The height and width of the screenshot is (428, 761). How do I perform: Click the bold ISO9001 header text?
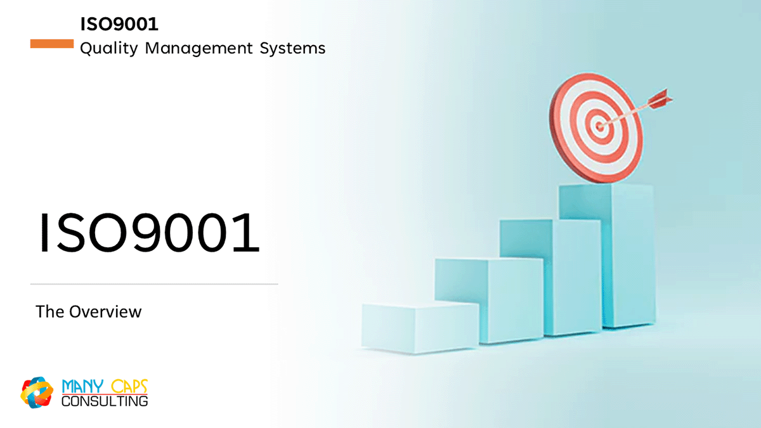point(119,24)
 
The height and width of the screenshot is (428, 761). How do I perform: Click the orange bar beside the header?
point(52,44)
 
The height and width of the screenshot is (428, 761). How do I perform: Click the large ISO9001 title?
point(149,233)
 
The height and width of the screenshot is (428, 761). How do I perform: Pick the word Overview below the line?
point(105,312)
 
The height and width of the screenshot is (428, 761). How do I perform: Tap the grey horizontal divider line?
point(154,284)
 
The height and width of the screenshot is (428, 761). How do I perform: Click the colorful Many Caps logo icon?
point(37,392)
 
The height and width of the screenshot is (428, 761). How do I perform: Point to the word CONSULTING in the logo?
point(105,401)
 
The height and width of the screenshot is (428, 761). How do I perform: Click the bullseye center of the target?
point(599,126)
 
